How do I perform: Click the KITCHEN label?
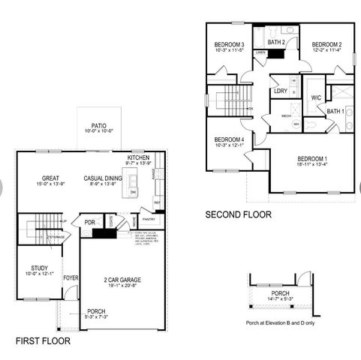click(x=140, y=157)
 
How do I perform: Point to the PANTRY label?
click(x=148, y=220)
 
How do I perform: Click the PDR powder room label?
click(x=89, y=222)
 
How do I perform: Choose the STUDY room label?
click(x=39, y=268)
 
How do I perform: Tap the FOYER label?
click(x=71, y=278)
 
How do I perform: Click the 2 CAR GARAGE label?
click(x=122, y=280)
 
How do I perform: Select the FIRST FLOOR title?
click(x=43, y=340)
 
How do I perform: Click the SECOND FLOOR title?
click(x=238, y=214)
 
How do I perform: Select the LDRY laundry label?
click(x=281, y=91)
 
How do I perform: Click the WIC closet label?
click(x=316, y=97)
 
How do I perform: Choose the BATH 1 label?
click(x=335, y=112)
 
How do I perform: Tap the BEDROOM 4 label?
click(x=229, y=140)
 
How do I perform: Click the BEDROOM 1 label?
click(x=311, y=159)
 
